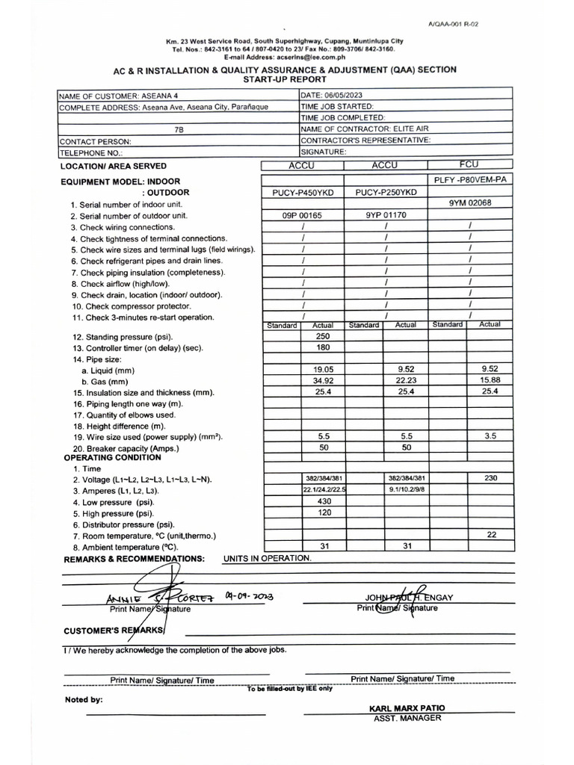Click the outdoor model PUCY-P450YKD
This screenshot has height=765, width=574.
(303, 193)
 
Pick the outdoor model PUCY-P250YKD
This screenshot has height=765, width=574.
(386, 193)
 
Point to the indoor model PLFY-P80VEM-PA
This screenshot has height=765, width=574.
(470, 181)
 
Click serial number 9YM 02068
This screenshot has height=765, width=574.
(469, 203)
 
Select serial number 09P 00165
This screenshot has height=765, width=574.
(303, 215)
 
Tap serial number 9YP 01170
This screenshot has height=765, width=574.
(386, 215)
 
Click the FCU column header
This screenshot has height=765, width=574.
(470, 164)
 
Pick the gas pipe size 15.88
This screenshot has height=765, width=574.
(490, 381)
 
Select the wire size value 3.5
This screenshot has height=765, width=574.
(490, 436)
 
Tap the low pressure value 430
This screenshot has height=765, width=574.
(324, 501)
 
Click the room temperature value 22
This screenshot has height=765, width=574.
(490, 535)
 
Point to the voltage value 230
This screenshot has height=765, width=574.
(490, 478)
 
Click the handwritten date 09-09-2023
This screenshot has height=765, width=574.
(249, 596)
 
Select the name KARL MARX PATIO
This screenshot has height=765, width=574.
(407, 707)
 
